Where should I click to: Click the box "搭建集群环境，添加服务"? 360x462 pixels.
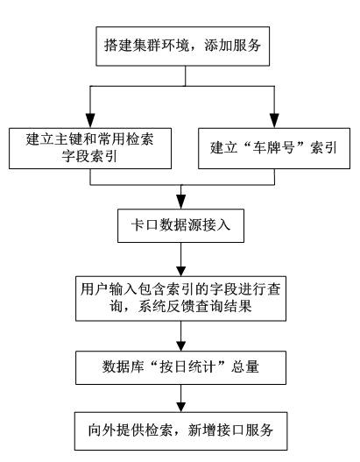pos(182,46)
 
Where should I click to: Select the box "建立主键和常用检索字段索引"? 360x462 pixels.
pos(90,148)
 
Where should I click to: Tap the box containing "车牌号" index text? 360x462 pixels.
pos(274,148)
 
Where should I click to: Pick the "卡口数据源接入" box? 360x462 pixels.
pos(180,225)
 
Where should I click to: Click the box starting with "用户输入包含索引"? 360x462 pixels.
pos(180,298)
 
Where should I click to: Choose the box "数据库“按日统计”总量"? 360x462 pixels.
pos(180,367)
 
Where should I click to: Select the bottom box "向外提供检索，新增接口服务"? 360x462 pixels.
pos(180,430)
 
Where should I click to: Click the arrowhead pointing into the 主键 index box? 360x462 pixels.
pos(90,120)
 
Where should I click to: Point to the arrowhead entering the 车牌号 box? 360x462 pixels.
pos(274,120)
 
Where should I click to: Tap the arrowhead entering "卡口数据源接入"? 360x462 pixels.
pos(181,202)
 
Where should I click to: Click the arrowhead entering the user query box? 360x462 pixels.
pos(181,271)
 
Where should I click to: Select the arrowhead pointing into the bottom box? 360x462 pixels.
pos(181,407)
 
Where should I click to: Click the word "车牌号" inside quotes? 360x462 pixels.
pos(274,147)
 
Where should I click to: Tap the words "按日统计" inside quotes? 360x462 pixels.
pos(187,367)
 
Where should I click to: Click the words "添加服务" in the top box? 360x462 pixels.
pos(232,46)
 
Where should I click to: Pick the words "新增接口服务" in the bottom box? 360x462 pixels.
pos(230,430)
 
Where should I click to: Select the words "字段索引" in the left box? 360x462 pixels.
pos(89,156)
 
